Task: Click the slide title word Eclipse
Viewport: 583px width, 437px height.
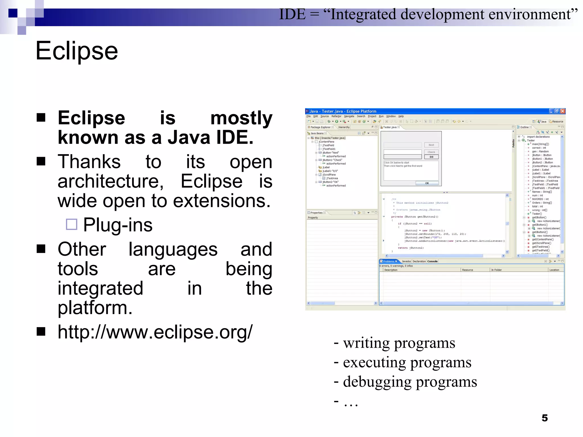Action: pyautogui.click(x=77, y=51)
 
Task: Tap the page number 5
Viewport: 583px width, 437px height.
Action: pyautogui.click(x=544, y=418)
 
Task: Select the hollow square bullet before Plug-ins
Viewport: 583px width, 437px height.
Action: pyautogui.click(x=71, y=224)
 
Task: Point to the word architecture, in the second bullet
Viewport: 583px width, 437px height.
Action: pyautogui.click(x=110, y=182)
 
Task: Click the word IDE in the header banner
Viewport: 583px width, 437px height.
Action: pyautogui.click(x=292, y=14)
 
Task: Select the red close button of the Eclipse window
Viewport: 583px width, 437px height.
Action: pyautogui.click(x=563, y=111)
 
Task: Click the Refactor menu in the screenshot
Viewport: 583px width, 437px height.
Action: pyautogui.click(x=336, y=116)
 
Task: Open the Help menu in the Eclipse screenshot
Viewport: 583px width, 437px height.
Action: pyautogui.click(x=401, y=116)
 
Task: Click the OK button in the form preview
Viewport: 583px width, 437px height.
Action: pyautogui.click(x=427, y=183)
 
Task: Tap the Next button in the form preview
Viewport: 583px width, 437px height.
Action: pyautogui.click(x=431, y=145)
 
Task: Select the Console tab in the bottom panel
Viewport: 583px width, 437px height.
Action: pyautogui.click(x=432, y=261)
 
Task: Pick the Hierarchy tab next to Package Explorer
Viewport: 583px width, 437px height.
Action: pyautogui.click(x=344, y=127)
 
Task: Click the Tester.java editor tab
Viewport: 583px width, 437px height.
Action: pyautogui.click(x=390, y=127)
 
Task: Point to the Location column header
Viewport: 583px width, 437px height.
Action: pyautogui.click(x=554, y=270)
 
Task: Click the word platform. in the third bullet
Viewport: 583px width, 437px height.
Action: pyautogui.click(x=95, y=308)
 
